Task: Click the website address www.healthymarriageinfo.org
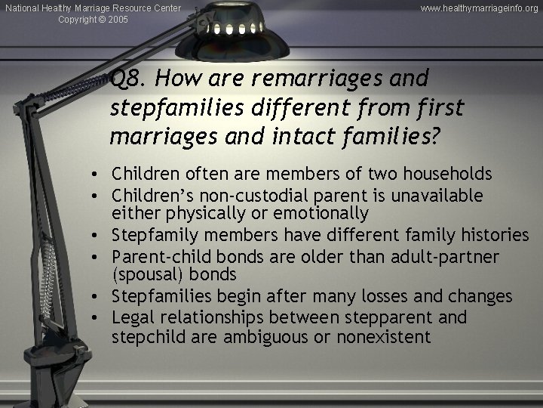click(x=480, y=8)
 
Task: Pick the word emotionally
click(x=320, y=213)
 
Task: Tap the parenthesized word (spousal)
click(x=148, y=275)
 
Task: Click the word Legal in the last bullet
click(x=130, y=318)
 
